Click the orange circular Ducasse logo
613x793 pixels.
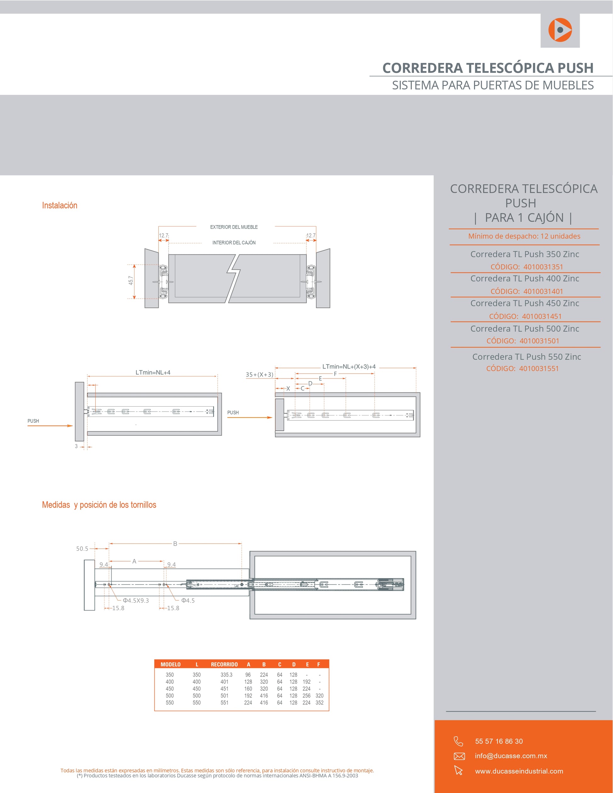[560, 30]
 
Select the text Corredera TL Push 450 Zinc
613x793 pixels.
[525, 303]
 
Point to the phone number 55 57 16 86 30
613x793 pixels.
[499, 741]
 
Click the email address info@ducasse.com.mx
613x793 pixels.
[511, 756]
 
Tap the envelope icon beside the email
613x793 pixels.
[459, 756]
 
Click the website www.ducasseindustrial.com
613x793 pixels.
[519, 771]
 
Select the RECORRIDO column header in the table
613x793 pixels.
[224, 665]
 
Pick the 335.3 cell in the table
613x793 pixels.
[226, 675]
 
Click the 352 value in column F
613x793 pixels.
[319, 703]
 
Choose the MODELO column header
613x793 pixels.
[170, 665]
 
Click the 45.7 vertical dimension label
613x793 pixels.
[131, 280]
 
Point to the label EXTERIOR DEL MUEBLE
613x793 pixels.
[234, 227]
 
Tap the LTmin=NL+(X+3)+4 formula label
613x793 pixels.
[349, 367]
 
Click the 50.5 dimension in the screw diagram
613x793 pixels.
[82, 549]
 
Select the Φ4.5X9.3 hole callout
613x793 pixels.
[136, 601]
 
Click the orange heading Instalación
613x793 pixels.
[60, 206]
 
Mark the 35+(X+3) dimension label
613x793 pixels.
[259, 375]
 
